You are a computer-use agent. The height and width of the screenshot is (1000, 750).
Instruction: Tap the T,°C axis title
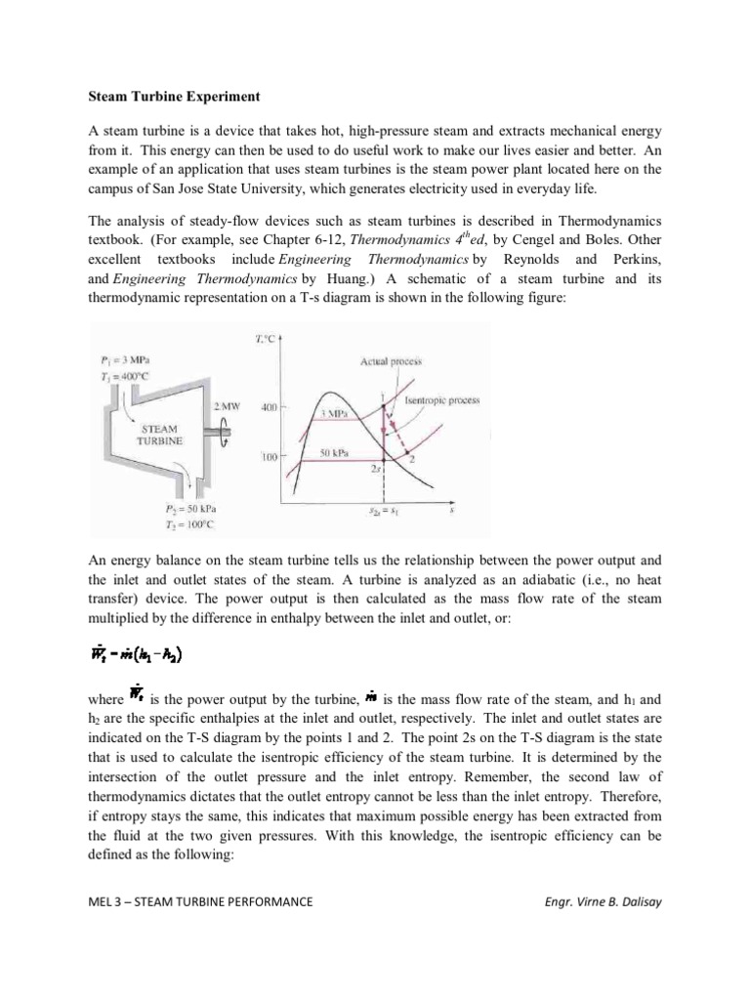[x=265, y=339]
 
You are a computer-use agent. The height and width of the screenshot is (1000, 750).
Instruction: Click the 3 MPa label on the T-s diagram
[x=337, y=413]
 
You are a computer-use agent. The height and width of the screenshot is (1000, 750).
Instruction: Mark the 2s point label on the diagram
[x=376, y=469]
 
